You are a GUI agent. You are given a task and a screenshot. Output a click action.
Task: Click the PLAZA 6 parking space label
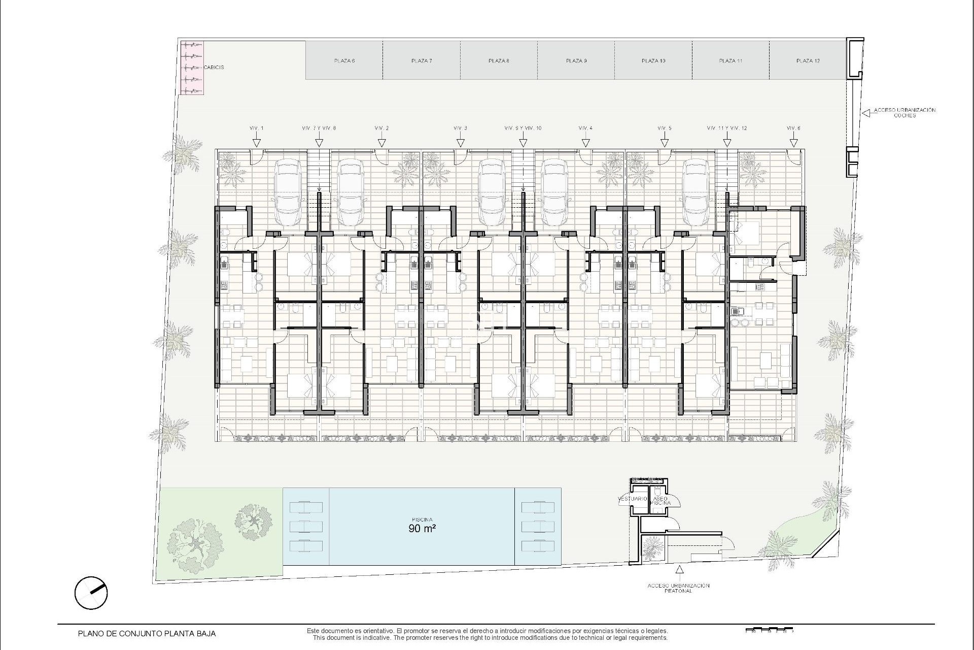(344, 61)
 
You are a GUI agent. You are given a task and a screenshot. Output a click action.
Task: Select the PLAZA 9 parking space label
(576, 61)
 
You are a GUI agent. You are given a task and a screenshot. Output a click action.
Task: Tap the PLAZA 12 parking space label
(808, 61)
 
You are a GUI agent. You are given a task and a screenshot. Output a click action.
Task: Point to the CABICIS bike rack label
(214, 67)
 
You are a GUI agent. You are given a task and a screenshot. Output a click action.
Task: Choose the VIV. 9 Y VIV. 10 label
(523, 128)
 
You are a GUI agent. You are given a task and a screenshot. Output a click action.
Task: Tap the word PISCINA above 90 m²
(422, 519)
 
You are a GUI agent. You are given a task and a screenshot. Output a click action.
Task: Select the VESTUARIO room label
(632, 499)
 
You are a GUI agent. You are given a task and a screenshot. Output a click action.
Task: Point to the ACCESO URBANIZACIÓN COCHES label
(905, 113)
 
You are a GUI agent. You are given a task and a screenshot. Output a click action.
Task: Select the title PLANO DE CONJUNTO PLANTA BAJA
(147, 634)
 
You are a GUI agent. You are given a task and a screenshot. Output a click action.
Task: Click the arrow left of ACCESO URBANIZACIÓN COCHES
(866, 113)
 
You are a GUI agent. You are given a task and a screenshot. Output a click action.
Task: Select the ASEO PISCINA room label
(661, 501)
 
